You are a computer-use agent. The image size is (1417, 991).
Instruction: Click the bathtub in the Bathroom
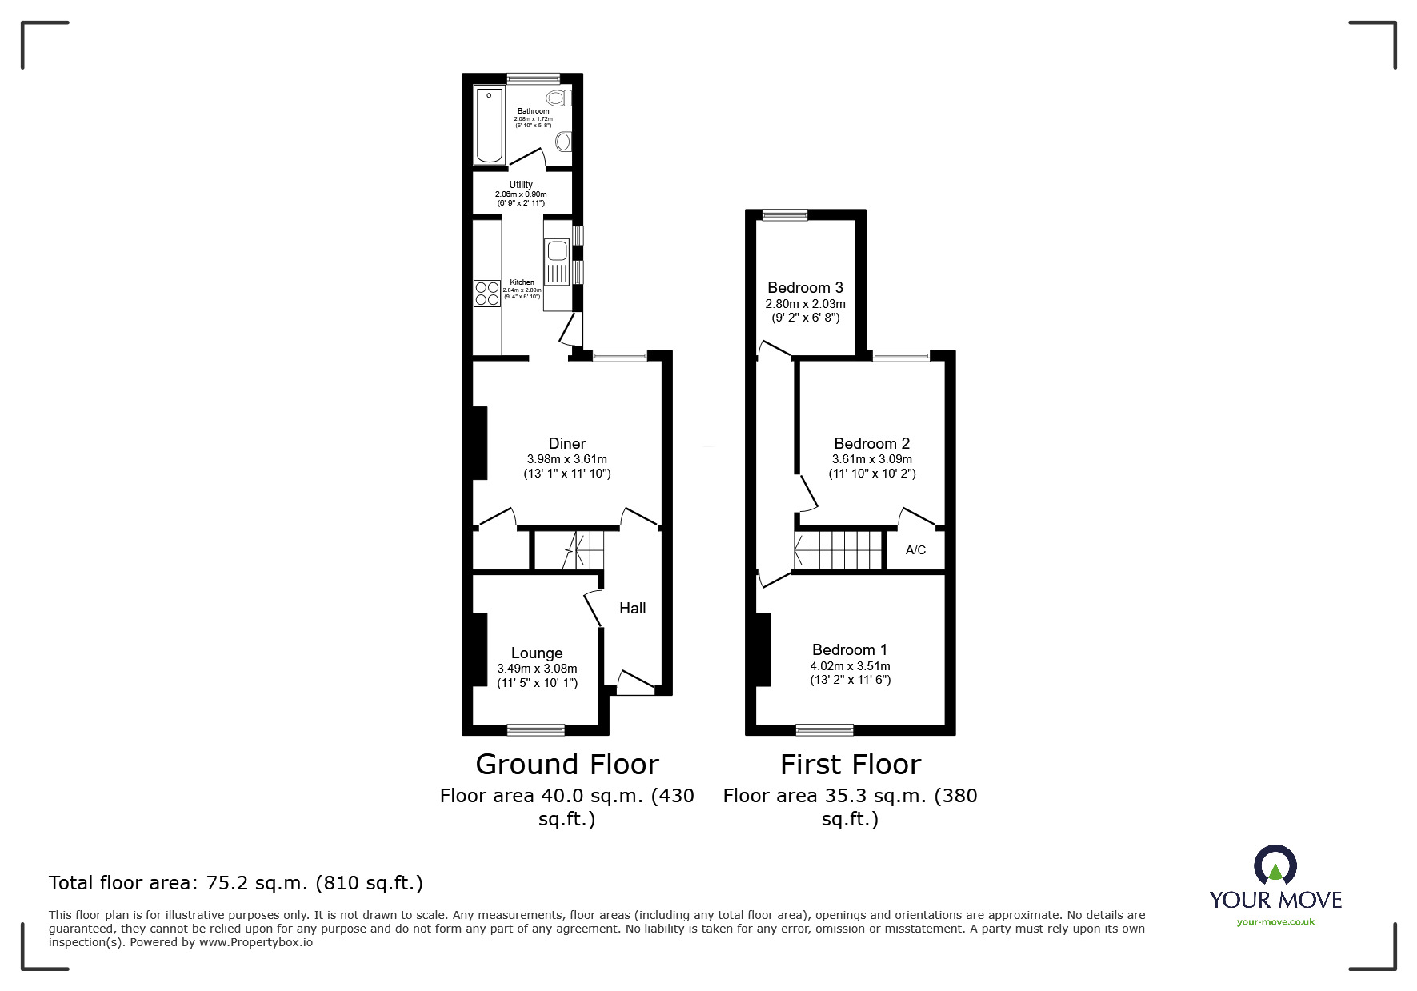(x=489, y=125)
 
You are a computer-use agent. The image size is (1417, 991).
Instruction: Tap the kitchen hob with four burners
(x=486, y=294)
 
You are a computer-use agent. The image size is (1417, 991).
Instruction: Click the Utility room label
(x=521, y=185)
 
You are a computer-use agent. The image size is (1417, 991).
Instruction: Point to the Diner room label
(x=567, y=443)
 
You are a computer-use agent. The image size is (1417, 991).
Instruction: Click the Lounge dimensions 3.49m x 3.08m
(x=537, y=669)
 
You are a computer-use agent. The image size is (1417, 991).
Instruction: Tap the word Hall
(x=632, y=609)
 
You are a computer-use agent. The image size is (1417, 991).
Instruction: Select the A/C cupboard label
(x=915, y=550)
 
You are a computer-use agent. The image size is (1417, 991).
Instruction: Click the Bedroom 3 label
(x=805, y=287)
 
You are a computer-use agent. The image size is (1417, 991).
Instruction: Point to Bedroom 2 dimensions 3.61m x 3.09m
(x=871, y=459)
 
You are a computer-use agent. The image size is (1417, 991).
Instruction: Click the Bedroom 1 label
(x=849, y=649)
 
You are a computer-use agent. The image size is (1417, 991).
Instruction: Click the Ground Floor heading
(x=566, y=765)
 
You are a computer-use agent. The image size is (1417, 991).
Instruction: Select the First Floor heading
(x=850, y=765)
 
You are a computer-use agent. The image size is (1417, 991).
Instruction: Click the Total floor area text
(x=236, y=883)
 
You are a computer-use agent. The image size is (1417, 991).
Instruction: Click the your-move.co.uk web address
(x=1275, y=922)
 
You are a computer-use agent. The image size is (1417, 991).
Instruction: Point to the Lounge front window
(x=536, y=729)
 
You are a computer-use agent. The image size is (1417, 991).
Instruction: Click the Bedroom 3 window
(x=784, y=214)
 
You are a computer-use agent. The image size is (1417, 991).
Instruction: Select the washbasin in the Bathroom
(x=563, y=142)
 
